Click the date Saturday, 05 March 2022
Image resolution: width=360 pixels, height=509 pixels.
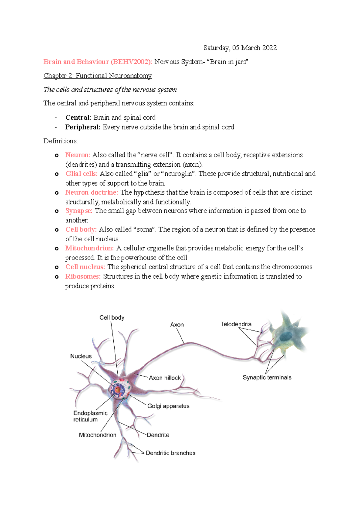pyautogui.click(x=240, y=48)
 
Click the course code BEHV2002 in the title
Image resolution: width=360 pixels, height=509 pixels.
pyautogui.click(x=130, y=62)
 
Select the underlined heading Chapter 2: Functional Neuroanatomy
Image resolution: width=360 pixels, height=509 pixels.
pyautogui.click(x=97, y=76)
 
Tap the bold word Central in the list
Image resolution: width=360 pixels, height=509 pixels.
pyautogui.click(x=78, y=117)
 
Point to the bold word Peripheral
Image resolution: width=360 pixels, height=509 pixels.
pyautogui.click(x=82, y=127)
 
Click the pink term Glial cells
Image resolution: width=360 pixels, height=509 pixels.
pyautogui.click(x=81, y=174)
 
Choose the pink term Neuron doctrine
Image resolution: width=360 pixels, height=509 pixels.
pyautogui.click(x=91, y=192)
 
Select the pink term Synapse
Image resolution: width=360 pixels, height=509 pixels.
pyautogui.click(x=79, y=211)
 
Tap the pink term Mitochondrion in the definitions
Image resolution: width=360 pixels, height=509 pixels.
pyautogui.click(x=89, y=248)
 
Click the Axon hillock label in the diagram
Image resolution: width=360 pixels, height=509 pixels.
pyautogui.click(x=165, y=378)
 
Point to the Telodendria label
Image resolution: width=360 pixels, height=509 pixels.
pyautogui.click(x=236, y=324)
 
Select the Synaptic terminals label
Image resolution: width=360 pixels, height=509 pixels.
pyautogui.click(x=267, y=377)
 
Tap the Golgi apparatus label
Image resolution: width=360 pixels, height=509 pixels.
pyautogui.click(x=168, y=406)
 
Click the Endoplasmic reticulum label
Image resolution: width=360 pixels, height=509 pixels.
pyautogui.click(x=90, y=416)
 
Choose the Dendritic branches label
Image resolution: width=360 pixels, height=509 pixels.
pyautogui.click(x=170, y=453)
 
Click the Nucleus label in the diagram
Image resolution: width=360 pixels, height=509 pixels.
pyautogui.click(x=81, y=356)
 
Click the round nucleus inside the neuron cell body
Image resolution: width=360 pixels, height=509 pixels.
pyautogui.click(x=118, y=389)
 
